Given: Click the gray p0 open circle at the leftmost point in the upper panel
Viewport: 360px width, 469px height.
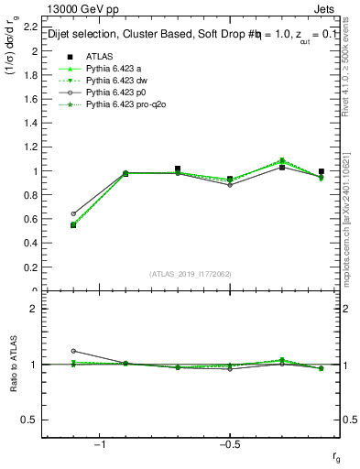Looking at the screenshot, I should [73, 213].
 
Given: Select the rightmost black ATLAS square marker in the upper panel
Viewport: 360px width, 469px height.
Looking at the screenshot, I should [321, 171].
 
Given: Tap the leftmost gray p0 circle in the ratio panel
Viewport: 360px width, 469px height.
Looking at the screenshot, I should [73, 351].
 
